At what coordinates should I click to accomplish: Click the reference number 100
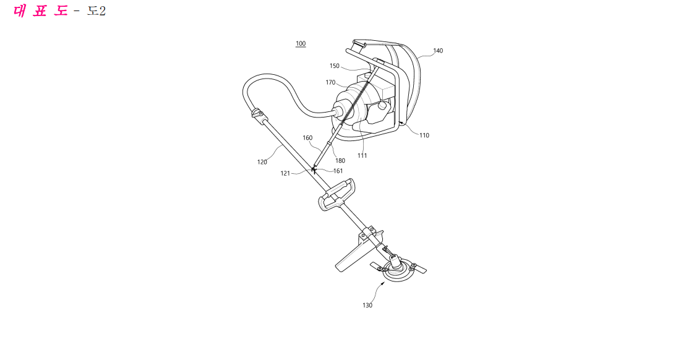301,43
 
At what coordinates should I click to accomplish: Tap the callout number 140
438,51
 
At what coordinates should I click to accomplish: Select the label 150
335,66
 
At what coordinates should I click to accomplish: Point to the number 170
330,82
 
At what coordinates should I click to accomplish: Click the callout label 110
424,135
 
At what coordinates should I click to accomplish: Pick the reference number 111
362,156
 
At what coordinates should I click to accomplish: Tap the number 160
307,138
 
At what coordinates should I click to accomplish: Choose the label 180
340,161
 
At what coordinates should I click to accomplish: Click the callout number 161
338,171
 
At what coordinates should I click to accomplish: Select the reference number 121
285,173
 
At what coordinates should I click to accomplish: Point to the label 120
262,162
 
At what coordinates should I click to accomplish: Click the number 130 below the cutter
367,306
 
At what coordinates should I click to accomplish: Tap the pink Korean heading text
40,11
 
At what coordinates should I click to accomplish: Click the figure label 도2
96,11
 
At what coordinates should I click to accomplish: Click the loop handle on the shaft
338,195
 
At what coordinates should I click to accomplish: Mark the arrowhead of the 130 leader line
384,283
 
